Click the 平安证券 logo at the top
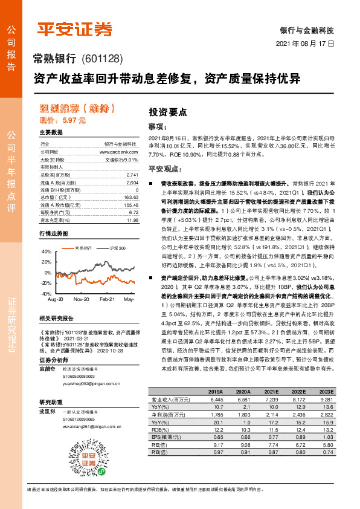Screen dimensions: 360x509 (76, 28)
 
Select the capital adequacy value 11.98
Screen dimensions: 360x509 (132, 219)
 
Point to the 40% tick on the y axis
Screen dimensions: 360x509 (45, 251)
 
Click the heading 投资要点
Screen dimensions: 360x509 (167, 112)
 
